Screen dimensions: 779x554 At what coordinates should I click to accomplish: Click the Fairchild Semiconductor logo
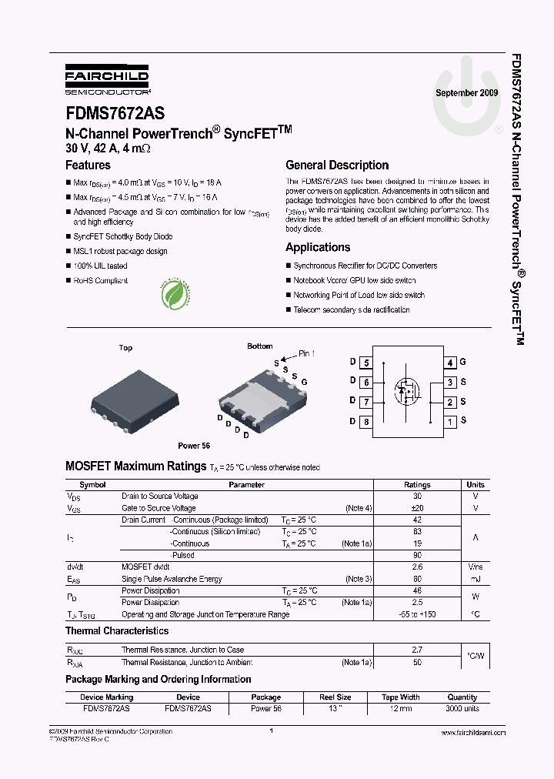point(106,80)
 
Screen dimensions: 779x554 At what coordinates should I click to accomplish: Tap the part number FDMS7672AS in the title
point(114,113)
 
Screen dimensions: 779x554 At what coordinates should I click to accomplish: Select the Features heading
point(88,165)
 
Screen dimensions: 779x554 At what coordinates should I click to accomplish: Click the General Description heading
point(337,165)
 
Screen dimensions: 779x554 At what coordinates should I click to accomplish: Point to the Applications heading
point(318,247)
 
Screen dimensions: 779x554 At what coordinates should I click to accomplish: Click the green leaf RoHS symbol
point(175,293)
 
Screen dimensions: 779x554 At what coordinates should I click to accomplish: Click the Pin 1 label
point(307,353)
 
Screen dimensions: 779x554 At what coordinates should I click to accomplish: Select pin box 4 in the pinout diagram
point(450,363)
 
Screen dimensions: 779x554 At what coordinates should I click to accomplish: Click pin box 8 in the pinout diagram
point(367,421)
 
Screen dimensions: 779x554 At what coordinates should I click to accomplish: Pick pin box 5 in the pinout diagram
point(367,363)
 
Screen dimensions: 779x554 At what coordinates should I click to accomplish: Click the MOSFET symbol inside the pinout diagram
point(408,390)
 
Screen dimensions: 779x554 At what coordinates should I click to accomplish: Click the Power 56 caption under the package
point(194,446)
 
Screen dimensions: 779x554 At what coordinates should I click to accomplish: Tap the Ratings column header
point(417,485)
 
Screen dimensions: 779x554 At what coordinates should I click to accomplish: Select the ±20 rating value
point(417,508)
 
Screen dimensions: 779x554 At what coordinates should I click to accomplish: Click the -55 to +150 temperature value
point(417,614)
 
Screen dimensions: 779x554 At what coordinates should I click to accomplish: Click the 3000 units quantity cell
point(462,708)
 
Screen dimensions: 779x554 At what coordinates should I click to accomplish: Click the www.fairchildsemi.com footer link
point(473,734)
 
